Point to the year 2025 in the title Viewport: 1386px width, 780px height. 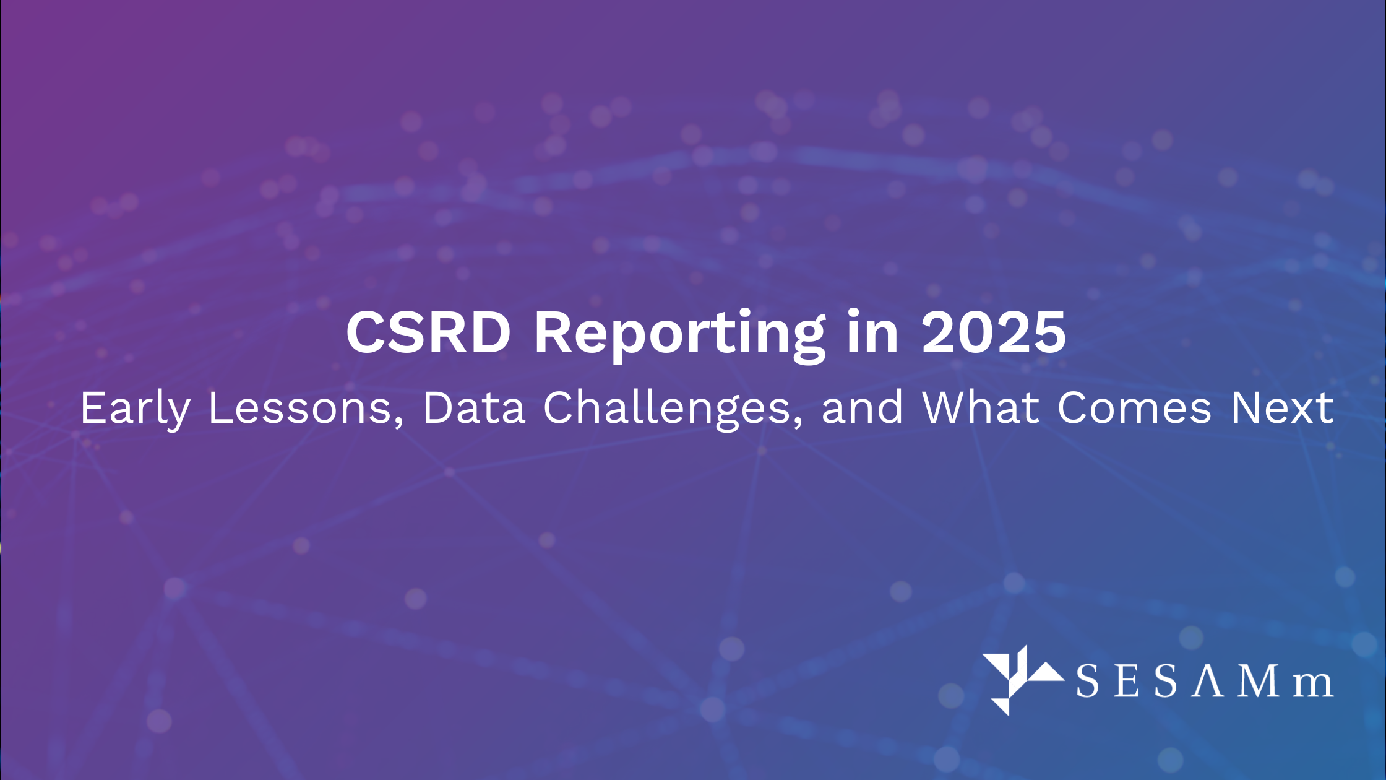[994, 332]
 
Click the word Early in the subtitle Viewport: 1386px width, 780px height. [135, 409]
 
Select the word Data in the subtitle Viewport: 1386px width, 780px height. [474, 409]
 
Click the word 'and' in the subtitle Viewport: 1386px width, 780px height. [863, 409]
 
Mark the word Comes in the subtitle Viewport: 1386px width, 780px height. [1134, 409]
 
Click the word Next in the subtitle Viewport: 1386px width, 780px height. [1282, 409]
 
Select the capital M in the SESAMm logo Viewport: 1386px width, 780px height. [1260, 681]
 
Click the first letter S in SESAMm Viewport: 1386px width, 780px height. [1087, 682]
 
